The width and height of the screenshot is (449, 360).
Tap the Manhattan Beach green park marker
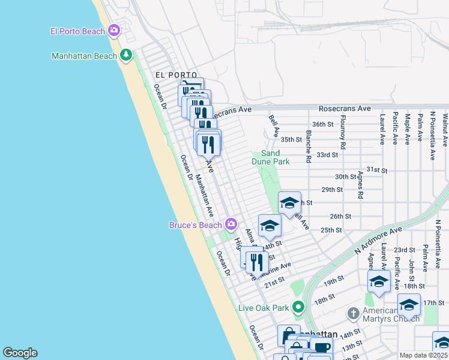click(126, 56)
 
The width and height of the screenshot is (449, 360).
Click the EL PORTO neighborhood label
click(167, 75)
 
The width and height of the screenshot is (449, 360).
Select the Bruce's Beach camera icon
click(231, 225)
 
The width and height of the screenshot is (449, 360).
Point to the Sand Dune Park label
click(275, 158)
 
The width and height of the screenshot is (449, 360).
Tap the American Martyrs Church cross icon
click(354, 314)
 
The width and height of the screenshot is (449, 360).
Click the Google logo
click(20, 353)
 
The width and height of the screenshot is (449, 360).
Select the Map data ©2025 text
click(424, 355)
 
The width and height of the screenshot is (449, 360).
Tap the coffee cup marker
click(321, 347)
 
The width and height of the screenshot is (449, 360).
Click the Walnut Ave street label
click(445, 130)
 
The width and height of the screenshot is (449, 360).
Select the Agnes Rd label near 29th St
click(360, 187)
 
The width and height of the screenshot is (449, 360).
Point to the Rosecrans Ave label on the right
click(353, 109)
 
